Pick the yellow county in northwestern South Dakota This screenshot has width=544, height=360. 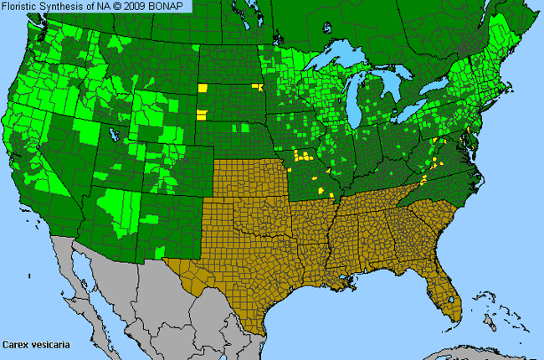[x=201, y=87]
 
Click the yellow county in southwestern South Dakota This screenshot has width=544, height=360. [x=202, y=116]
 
